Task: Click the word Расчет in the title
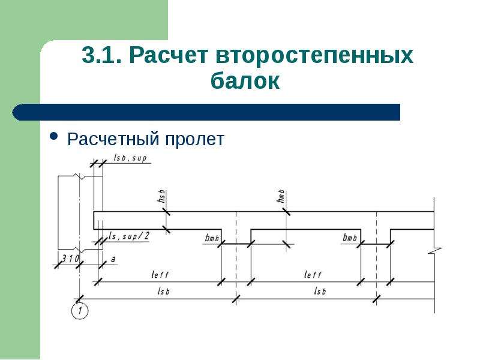[x=169, y=55]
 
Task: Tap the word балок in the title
[x=245, y=80]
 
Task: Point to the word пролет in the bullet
[x=195, y=139]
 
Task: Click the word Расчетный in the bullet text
[x=113, y=139]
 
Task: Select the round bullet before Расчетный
[x=53, y=137]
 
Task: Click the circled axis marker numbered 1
[x=80, y=311]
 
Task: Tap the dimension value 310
[x=70, y=259]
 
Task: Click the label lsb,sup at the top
[x=130, y=158]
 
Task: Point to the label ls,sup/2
[x=129, y=236]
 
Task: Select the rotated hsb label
[x=161, y=196]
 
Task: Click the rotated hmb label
[x=280, y=196]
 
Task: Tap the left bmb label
[x=212, y=238]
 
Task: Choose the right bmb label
[x=350, y=237]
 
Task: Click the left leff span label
[x=160, y=274]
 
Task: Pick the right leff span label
[x=313, y=274]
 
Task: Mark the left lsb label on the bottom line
[x=163, y=291]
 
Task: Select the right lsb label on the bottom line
[x=320, y=291]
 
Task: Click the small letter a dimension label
[x=113, y=259]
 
